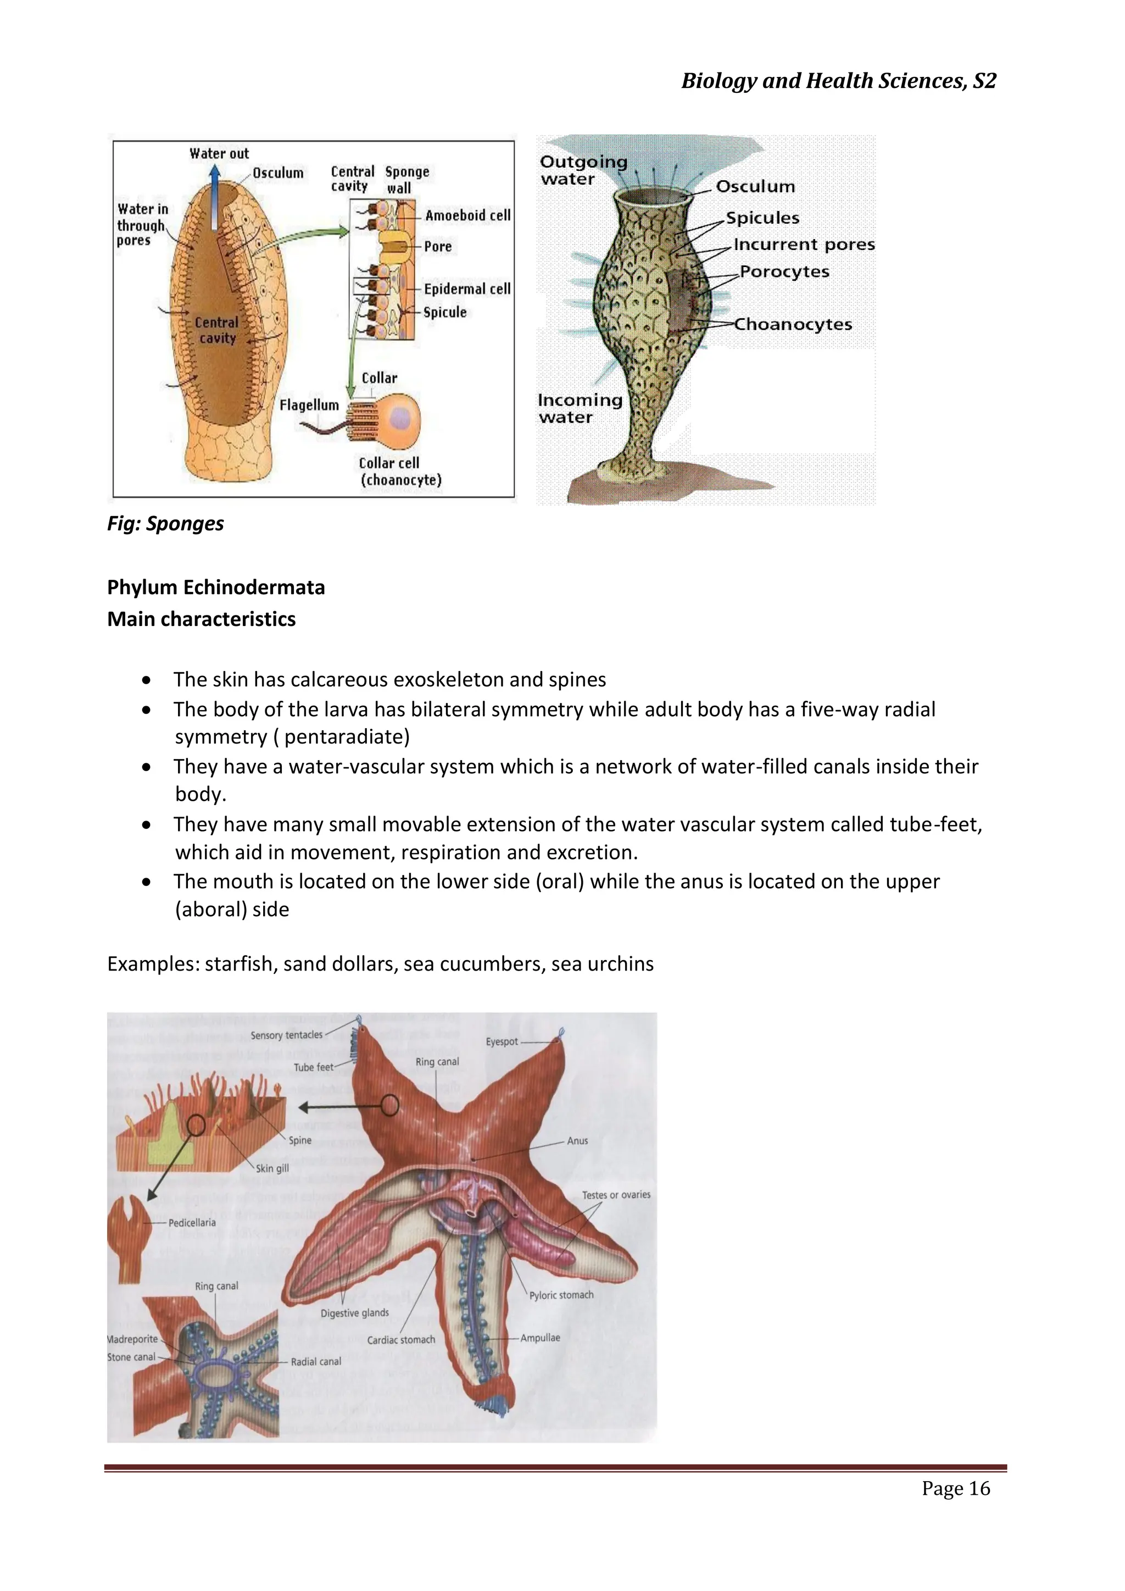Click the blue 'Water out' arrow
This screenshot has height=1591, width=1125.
pyautogui.click(x=215, y=197)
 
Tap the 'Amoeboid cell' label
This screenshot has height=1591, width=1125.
pyautogui.click(x=467, y=215)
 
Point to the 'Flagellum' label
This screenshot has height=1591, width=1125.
pyautogui.click(x=309, y=404)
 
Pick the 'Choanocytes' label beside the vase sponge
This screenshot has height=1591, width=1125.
pyautogui.click(x=793, y=324)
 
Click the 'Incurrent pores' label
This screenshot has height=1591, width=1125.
pyautogui.click(x=804, y=245)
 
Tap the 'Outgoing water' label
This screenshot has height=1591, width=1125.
pyautogui.click(x=583, y=170)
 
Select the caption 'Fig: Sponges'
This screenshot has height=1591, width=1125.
pyautogui.click(x=165, y=523)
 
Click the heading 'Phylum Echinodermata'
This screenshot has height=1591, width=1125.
pyautogui.click(x=215, y=587)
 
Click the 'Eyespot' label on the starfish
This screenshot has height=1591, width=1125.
pyautogui.click(x=502, y=1041)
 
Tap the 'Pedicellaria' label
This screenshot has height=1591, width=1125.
pyautogui.click(x=192, y=1222)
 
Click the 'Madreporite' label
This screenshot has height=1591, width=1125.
pyautogui.click(x=133, y=1339)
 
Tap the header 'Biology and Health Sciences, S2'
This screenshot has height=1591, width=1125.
pyautogui.click(x=838, y=81)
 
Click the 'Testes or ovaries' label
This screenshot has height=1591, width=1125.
pyautogui.click(x=616, y=1195)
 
